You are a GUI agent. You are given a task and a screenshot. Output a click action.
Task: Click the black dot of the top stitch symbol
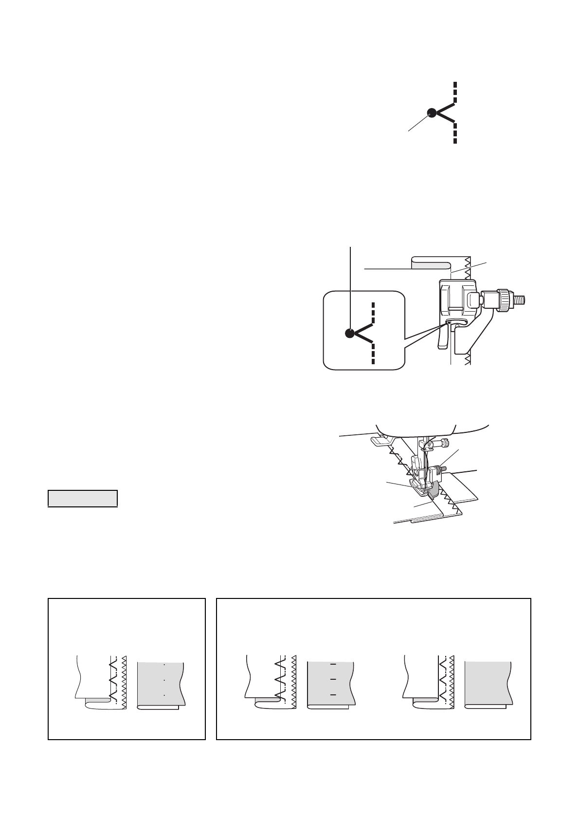tap(432, 112)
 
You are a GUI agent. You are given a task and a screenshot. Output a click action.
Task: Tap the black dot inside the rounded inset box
tap(349, 334)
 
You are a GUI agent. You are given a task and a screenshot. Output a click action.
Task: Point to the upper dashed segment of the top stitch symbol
tap(455, 93)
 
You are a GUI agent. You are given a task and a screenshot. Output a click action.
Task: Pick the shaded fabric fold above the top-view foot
tap(429, 265)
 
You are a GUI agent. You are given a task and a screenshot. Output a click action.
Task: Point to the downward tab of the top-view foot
tap(442, 338)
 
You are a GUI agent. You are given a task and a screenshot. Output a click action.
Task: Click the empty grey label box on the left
tap(83, 498)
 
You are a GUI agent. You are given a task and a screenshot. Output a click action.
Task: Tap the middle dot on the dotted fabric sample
tap(164, 680)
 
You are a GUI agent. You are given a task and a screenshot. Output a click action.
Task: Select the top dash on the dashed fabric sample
tap(333, 664)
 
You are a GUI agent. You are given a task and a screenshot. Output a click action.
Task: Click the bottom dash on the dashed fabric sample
tap(333, 695)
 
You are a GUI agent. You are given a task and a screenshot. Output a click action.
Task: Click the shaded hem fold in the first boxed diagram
tap(98, 700)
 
